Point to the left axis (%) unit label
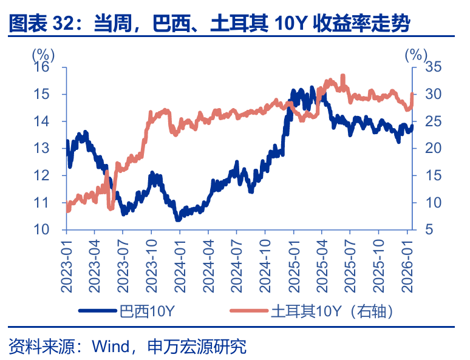point(43,55)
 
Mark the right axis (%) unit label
point(416,55)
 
